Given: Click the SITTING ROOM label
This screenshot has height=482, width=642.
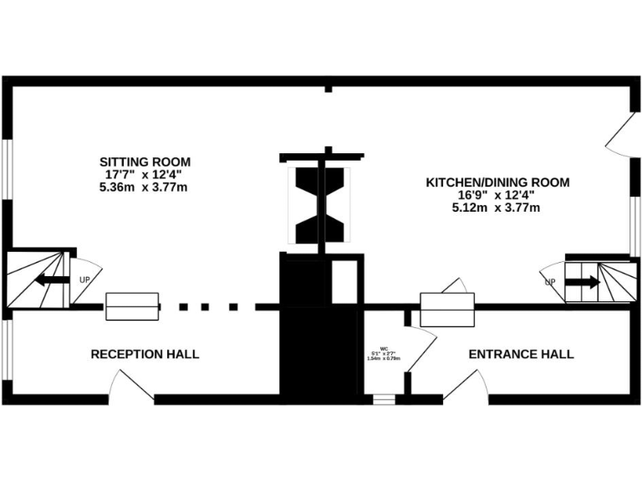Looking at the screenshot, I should coord(145,162).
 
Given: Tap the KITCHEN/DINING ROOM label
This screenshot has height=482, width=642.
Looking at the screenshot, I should coord(497,182).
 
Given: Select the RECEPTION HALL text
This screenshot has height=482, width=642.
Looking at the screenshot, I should coord(145,355).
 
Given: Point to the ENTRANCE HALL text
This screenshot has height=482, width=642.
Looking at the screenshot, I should coord(521,355).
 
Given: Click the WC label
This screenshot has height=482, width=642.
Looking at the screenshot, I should coord(385,348).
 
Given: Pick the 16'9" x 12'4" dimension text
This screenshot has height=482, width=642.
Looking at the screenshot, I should coord(497,195).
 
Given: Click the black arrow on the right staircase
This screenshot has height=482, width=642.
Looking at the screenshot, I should coord(583,282).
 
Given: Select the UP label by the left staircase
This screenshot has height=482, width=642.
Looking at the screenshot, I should coord(84,279).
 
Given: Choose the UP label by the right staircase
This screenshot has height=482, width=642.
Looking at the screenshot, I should coord(550,282).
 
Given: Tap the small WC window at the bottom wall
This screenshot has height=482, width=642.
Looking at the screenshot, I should coord(384,399).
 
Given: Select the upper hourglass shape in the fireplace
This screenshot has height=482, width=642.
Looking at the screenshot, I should coord(322,182).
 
